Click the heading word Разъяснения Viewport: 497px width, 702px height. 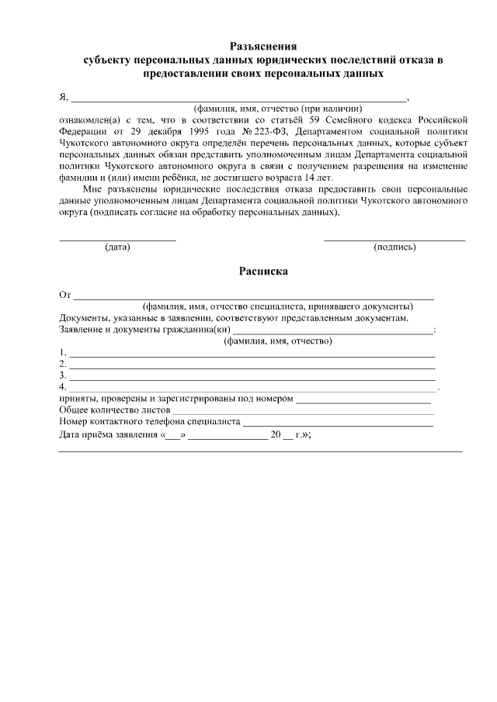[263, 46]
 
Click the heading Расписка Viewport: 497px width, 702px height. [263, 271]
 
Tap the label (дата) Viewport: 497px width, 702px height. [117, 247]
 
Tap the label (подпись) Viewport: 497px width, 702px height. [394, 247]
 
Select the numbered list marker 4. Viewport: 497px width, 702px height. [63, 386]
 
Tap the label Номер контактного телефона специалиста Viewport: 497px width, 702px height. [150, 422]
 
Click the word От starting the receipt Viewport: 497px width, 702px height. [65, 296]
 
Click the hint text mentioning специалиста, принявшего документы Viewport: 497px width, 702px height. [276, 307]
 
